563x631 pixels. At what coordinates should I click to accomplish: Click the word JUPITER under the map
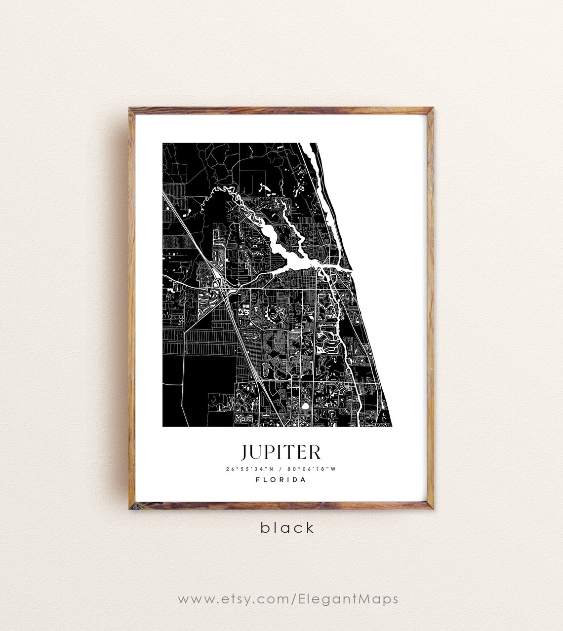tap(281, 451)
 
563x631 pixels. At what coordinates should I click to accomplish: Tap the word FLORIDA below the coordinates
tap(281, 480)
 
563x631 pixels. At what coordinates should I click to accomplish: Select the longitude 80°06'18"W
tap(313, 469)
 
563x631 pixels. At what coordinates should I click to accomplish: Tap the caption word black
tap(287, 528)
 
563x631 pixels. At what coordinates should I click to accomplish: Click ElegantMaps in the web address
tap(348, 599)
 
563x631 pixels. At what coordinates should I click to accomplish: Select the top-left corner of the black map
tap(163, 144)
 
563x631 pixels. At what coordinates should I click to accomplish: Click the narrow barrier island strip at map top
tap(316, 168)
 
